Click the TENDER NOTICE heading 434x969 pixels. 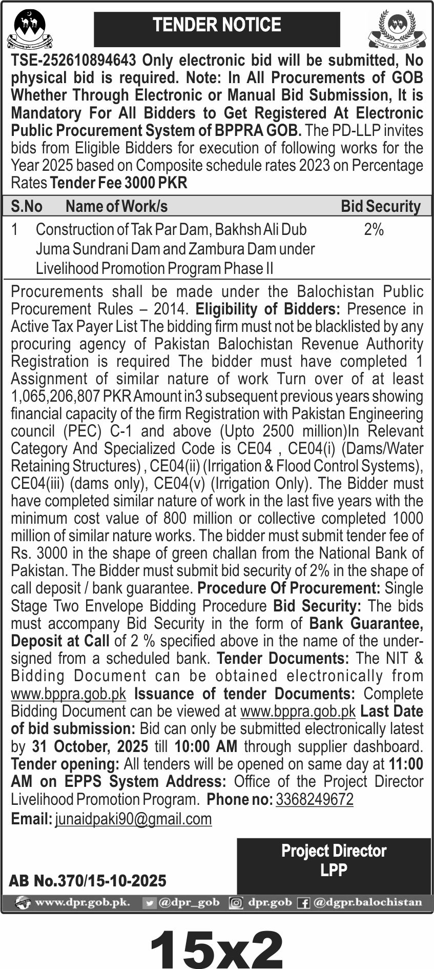click(x=217, y=26)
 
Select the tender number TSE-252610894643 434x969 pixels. click(x=73, y=61)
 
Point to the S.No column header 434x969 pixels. click(x=27, y=206)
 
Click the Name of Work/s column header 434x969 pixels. click(x=116, y=206)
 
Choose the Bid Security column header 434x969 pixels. click(x=380, y=206)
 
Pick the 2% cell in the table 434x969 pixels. click(x=374, y=230)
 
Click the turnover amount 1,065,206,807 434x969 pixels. click(x=56, y=397)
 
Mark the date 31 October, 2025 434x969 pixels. click(x=90, y=746)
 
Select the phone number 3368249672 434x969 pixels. click(x=314, y=799)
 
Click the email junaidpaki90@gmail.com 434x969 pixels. click(x=133, y=819)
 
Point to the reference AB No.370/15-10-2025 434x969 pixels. click(x=88, y=881)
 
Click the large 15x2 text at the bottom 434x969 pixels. click(x=217, y=946)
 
